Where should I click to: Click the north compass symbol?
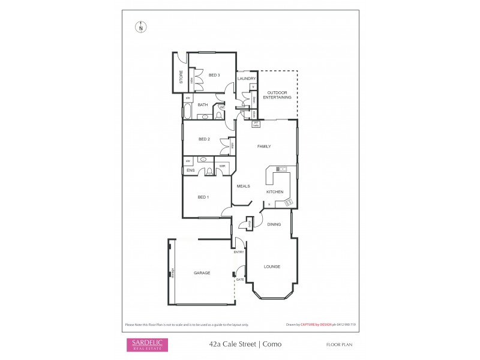141,26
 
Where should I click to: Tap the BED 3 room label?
214,75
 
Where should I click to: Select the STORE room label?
181,77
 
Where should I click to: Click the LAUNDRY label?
247,79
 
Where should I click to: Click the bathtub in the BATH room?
187,112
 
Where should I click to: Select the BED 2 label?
204,139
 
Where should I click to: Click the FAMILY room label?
264,146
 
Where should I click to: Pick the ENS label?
190,171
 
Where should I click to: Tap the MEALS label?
243,186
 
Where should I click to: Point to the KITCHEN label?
275,191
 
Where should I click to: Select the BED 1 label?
203,197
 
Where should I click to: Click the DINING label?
274,224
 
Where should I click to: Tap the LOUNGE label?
272,266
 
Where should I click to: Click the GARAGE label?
202,272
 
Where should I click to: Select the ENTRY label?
239,252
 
